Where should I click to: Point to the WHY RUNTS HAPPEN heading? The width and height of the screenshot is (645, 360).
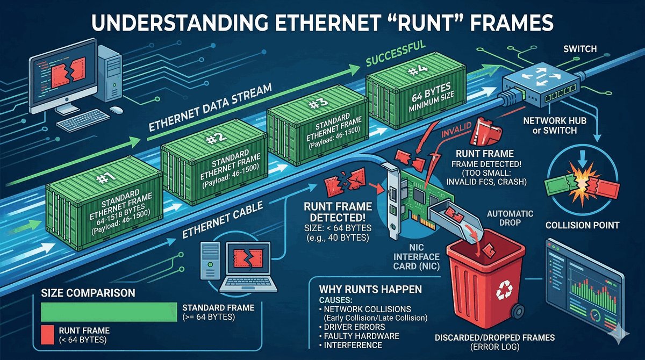click(367, 289)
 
